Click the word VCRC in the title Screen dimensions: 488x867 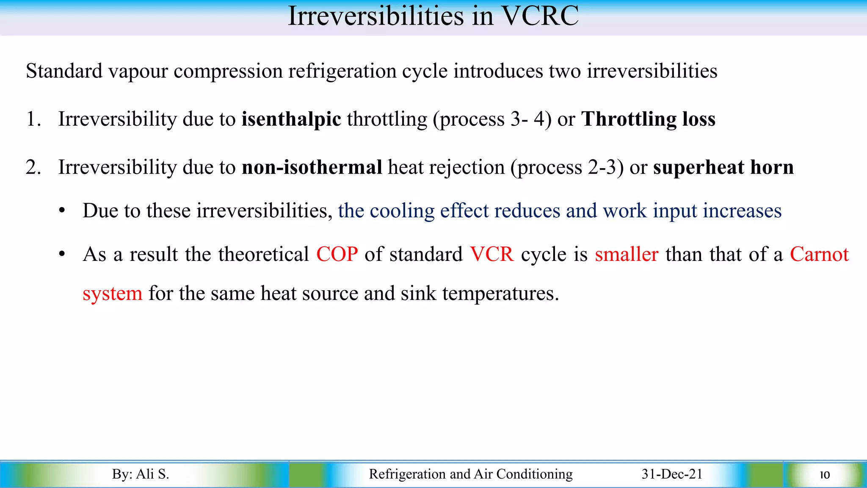[540, 16]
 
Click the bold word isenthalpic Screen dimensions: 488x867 [291, 119]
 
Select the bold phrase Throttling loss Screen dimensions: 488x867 [648, 119]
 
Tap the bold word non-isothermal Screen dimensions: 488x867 [312, 167]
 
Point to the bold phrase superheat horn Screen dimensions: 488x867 [723, 167]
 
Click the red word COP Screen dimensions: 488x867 [337, 255]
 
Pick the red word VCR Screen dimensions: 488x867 [492, 255]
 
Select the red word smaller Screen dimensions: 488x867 [627, 255]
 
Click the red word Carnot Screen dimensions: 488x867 [819, 255]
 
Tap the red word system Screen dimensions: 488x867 [112, 294]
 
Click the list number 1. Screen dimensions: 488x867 [33, 119]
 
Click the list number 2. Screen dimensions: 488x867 [33, 167]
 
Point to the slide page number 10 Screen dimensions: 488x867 [824, 475]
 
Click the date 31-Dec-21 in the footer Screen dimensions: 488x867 [672, 474]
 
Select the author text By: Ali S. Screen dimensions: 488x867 [141, 474]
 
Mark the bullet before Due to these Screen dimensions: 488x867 [62, 211]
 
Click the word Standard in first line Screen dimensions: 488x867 [64, 71]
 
